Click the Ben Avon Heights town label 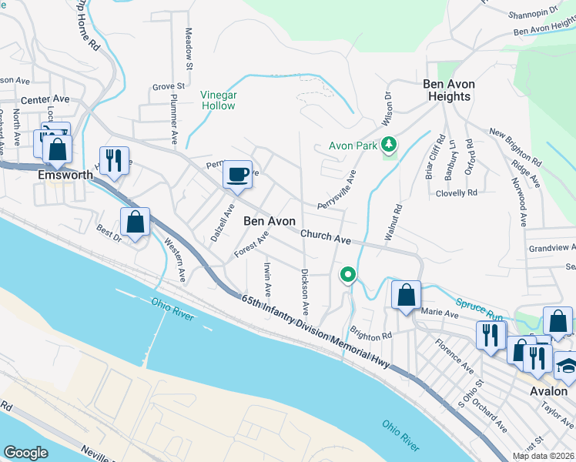pos(449,90)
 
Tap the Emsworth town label pos(65,175)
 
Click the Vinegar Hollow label pos(218,100)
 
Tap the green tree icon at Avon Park pos(390,144)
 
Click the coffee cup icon pos(237,174)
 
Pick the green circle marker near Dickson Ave pos(348,273)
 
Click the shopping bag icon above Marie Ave pos(406,294)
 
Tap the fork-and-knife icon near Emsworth pos(114,161)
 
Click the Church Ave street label pos(326,237)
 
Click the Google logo pos(25,452)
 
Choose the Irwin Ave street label pos(267,280)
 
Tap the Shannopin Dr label pos(532,15)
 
